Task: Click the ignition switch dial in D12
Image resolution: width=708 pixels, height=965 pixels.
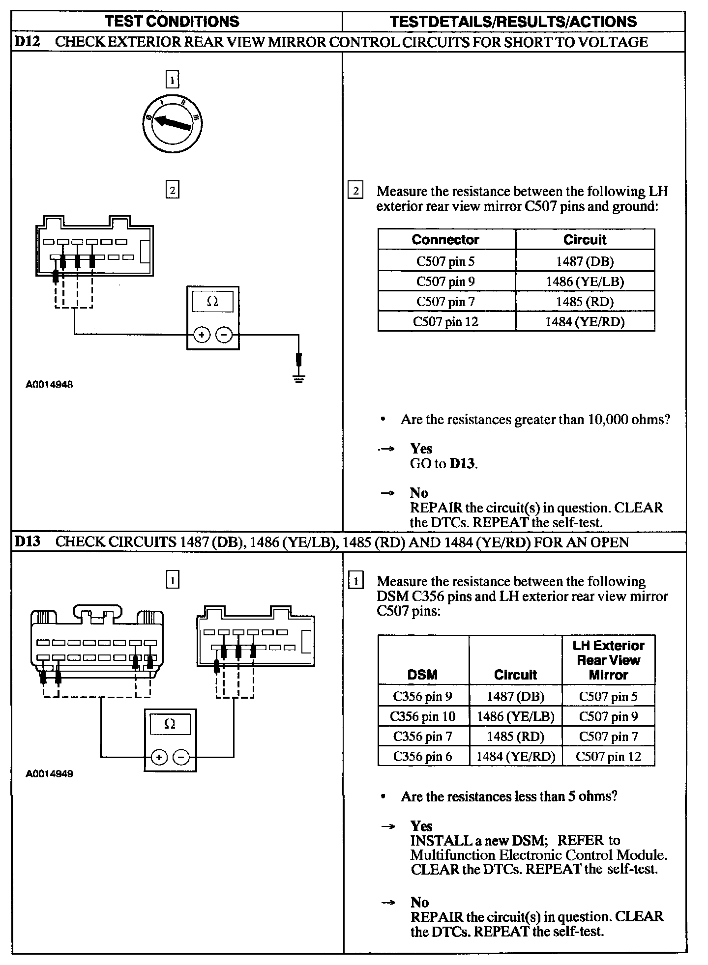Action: coord(172,123)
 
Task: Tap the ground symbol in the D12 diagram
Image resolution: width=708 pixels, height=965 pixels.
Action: coord(298,378)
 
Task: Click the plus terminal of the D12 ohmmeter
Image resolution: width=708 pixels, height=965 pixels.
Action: coord(201,335)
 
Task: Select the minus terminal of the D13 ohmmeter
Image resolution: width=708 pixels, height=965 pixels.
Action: coord(181,757)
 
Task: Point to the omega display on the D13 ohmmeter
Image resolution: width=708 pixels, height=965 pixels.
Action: coord(170,724)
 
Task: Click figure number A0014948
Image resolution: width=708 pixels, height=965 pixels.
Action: coord(49,385)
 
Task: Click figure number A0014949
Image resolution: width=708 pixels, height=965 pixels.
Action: coord(49,774)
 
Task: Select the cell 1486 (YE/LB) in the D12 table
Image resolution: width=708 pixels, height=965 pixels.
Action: coord(585,282)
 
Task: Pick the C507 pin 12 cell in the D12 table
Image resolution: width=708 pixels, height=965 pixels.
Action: coord(445,322)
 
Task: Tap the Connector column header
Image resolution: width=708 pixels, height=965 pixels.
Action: coord(445,240)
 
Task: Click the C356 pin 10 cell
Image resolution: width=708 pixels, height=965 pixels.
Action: coord(423,716)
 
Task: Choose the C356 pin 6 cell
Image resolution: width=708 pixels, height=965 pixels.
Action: coord(423,756)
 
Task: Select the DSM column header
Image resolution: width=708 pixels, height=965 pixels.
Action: coord(422,675)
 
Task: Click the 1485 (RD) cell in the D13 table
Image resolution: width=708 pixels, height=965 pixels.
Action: coord(515,737)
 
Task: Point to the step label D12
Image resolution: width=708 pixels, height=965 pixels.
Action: coord(27,42)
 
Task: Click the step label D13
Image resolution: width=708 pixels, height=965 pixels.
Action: coord(27,542)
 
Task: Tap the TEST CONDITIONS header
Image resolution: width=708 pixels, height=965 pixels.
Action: coord(173,22)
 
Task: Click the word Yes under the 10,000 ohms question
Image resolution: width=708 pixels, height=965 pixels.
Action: coord(421,449)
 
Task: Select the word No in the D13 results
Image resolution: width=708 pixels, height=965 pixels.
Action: coord(420,902)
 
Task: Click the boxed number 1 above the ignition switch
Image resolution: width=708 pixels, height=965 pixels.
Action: coord(172,80)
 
